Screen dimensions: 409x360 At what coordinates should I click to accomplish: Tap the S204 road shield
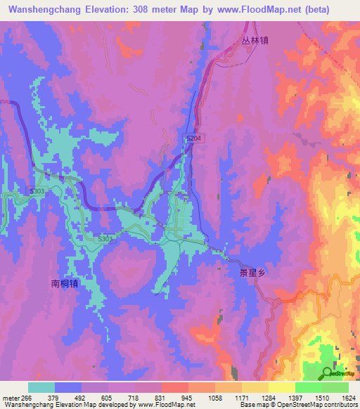[194, 139]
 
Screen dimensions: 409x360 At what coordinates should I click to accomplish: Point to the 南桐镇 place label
[65, 284]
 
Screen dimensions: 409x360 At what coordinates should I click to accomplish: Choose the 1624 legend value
[347, 398]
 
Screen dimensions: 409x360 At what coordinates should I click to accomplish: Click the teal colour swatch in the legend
[41, 387]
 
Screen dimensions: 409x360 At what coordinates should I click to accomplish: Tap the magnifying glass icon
[328, 372]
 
